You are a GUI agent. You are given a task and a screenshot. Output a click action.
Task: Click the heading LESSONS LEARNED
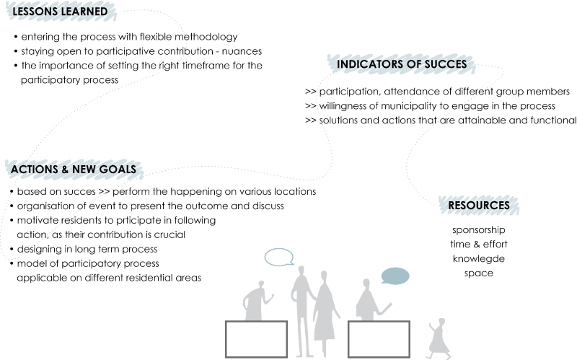(60, 12)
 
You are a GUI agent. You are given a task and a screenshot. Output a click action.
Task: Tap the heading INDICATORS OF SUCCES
(402, 64)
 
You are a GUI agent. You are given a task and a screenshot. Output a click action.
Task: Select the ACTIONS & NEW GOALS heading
(74, 170)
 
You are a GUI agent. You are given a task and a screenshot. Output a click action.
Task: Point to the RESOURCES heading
(479, 205)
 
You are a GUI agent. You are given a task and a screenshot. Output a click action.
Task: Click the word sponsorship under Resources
(479, 230)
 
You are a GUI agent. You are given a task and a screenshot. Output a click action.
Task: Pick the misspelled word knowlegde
(479, 259)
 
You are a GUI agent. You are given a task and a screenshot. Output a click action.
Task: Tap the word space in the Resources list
(479, 273)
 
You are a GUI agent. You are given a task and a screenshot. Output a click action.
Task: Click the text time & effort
(479, 244)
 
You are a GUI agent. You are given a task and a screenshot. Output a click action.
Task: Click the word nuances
(242, 51)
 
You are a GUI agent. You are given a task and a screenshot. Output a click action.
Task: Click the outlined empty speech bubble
(279, 257)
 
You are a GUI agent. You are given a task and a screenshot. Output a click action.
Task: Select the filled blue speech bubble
(395, 276)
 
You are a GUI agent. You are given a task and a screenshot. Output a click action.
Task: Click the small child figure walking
(439, 338)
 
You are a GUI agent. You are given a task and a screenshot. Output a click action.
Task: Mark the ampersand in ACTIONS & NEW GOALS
(65, 170)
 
